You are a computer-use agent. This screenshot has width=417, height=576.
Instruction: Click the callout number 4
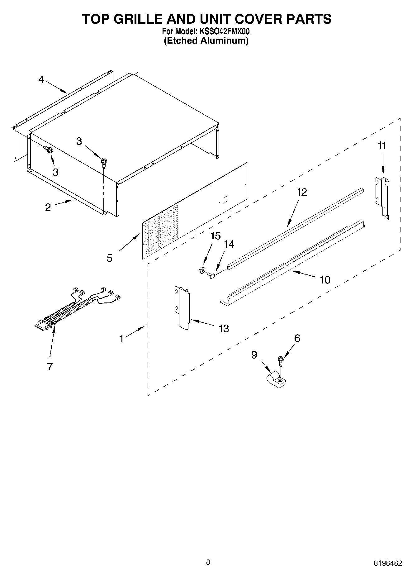tap(41, 80)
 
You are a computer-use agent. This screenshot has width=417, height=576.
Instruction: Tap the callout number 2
tap(48, 207)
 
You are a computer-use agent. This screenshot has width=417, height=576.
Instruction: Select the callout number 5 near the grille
tap(109, 258)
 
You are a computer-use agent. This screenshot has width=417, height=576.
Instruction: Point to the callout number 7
tap(50, 366)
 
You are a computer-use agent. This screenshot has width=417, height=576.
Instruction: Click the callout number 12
tap(301, 192)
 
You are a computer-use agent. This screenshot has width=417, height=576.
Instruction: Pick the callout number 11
tap(382, 145)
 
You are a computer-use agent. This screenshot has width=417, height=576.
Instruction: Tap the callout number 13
tap(224, 328)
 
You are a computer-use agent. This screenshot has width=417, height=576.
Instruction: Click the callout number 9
tap(254, 355)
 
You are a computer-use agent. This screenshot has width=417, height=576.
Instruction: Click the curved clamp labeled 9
tap(274, 380)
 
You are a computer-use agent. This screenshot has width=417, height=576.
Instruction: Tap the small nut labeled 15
tap(202, 270)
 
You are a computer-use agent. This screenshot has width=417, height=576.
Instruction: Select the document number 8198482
tap(387, 563)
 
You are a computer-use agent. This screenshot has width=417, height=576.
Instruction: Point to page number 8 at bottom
tap(208, 562)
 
